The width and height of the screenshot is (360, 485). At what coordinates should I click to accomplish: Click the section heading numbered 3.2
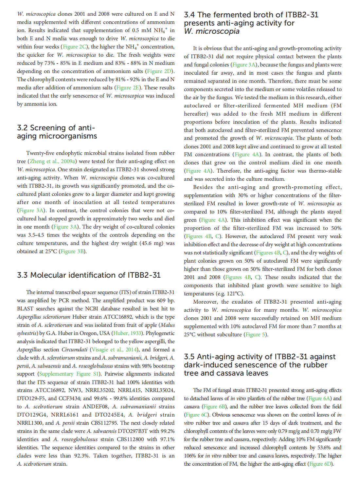click(57, 132)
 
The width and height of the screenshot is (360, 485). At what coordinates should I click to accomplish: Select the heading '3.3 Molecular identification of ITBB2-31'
click(89, 275)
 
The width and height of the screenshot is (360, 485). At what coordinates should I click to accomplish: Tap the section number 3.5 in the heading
click(189, 357)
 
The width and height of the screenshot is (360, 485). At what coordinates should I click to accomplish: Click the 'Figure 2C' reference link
click(75, 47)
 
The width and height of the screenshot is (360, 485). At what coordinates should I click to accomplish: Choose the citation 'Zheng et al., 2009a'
click(53, 161)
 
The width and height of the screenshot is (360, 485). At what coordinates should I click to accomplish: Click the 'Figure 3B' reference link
click(73, 252)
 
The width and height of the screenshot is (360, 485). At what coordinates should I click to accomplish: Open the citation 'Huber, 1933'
click(127, 333)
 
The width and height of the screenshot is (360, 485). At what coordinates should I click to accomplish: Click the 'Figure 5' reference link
click(256, 335)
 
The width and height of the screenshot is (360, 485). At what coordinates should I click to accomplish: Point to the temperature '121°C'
click(234, 294)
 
